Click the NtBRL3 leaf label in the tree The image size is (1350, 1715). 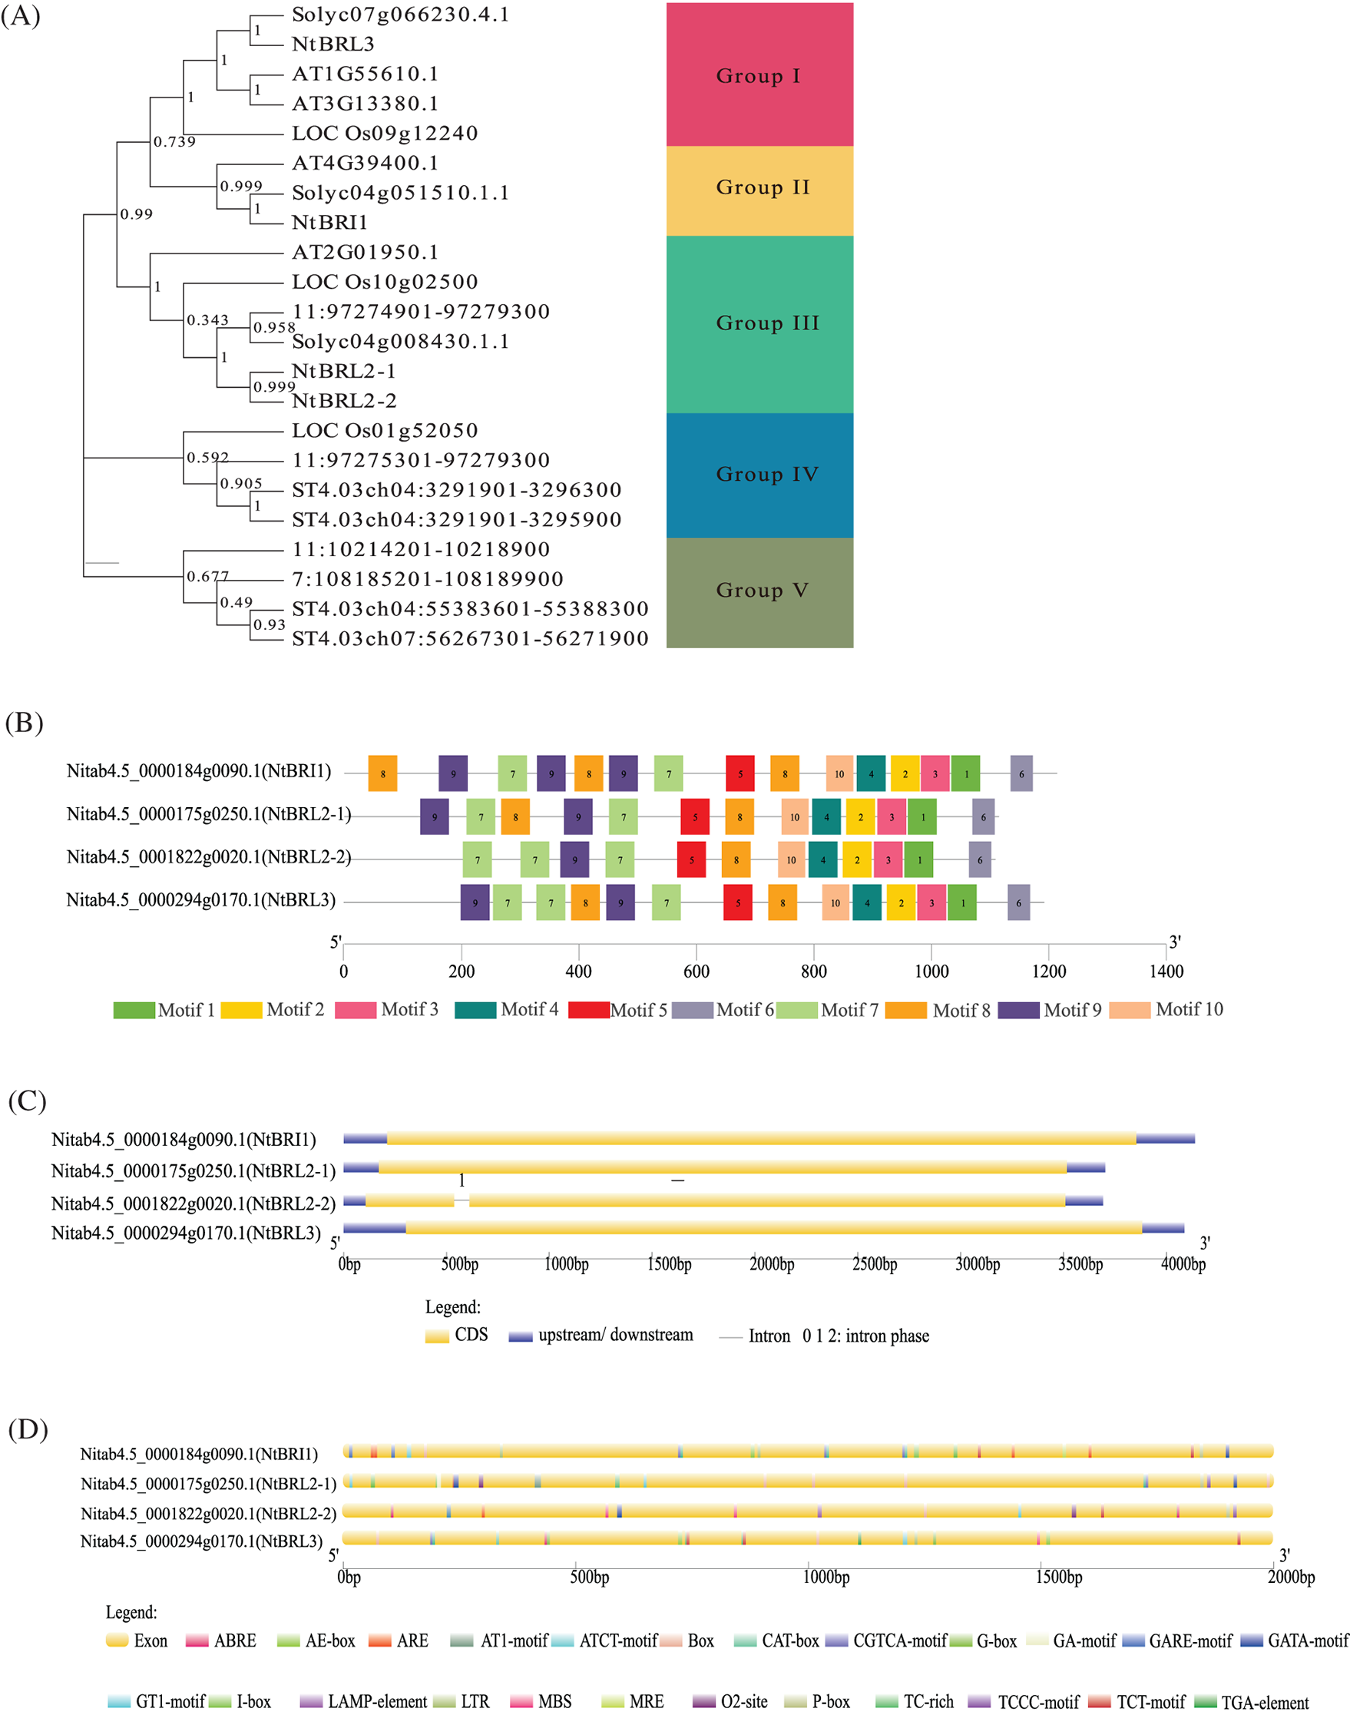coord(333,45)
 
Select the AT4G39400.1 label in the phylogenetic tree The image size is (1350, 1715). coord(366,164)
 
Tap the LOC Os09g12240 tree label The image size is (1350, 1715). coord(385,134)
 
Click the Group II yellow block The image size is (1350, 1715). coord(759,190)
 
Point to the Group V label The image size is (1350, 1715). coord(762,591)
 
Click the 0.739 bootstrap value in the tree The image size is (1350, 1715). coord(174,142)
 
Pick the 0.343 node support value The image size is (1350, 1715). coord(208,320)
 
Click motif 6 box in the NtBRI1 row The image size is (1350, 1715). coord(1021,773)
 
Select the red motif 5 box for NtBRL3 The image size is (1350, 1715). coord(737,902)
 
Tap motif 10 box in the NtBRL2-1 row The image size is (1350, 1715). coord(794,817)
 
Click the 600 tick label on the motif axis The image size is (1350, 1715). coord(697,972)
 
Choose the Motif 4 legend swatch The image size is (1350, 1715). coord(475,1010)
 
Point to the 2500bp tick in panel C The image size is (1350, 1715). coord(874,1263)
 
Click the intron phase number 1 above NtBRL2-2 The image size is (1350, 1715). coord(462,1180)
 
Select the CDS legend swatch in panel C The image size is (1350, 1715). coord(437,1336)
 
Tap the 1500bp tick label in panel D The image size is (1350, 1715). coord(1058,1577)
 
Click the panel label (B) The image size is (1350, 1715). coord(24,723)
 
